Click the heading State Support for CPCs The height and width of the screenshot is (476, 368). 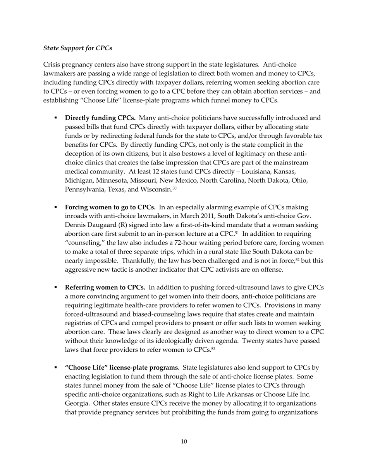pos(77,48)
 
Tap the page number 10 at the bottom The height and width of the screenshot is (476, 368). pos(184,442)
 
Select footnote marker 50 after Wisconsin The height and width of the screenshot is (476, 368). pos(174,188)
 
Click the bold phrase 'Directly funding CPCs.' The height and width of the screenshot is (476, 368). pos(100,118)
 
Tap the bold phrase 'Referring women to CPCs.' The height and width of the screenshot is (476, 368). pos(105,288)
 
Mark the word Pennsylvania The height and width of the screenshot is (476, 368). pos(83,190)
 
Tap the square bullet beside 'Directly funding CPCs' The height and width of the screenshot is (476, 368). pos(56,118)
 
